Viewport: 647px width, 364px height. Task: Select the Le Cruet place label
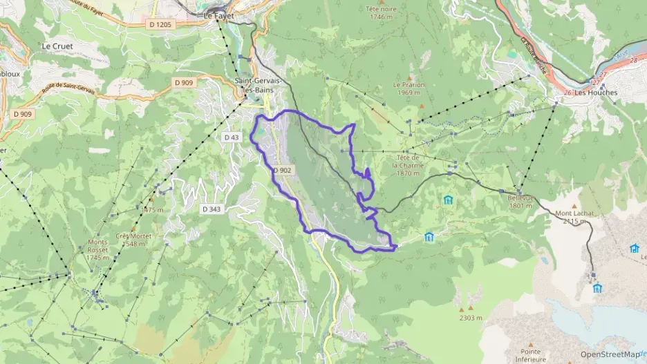coord(57,46)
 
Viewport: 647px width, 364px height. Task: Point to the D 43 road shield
coord(231,137)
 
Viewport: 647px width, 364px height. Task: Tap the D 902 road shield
coord(283,170)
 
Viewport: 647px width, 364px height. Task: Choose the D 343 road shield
coord(212,209)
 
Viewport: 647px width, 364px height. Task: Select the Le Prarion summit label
coord(408,89)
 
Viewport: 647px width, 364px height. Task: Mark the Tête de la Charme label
coord(406,165)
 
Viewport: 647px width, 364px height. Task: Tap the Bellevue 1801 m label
coord(521,201)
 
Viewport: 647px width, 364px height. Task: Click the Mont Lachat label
coord(574,217)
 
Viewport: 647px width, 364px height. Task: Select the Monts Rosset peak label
coord(98,249)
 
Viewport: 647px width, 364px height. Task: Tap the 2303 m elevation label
coord(471,318)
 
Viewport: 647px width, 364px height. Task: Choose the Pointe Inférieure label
coord(526,354)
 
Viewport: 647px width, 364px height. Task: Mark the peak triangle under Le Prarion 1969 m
coord(422,106)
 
